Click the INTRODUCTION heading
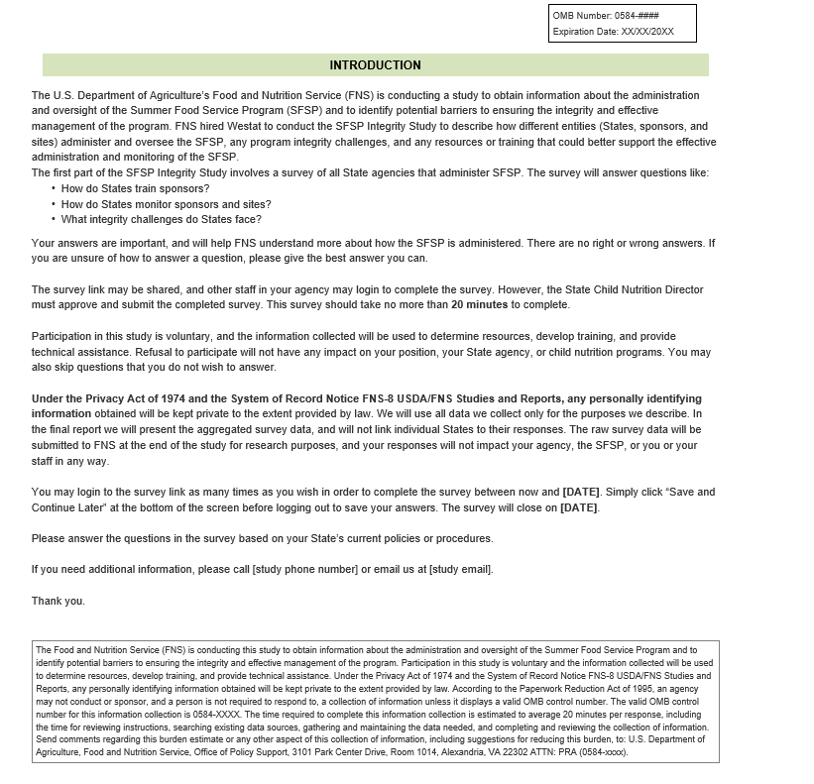375,65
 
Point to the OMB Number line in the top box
606,16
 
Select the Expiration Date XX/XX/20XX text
613,32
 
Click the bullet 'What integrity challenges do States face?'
161,219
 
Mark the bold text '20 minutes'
480,304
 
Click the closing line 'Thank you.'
58,601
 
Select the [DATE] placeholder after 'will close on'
579,507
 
